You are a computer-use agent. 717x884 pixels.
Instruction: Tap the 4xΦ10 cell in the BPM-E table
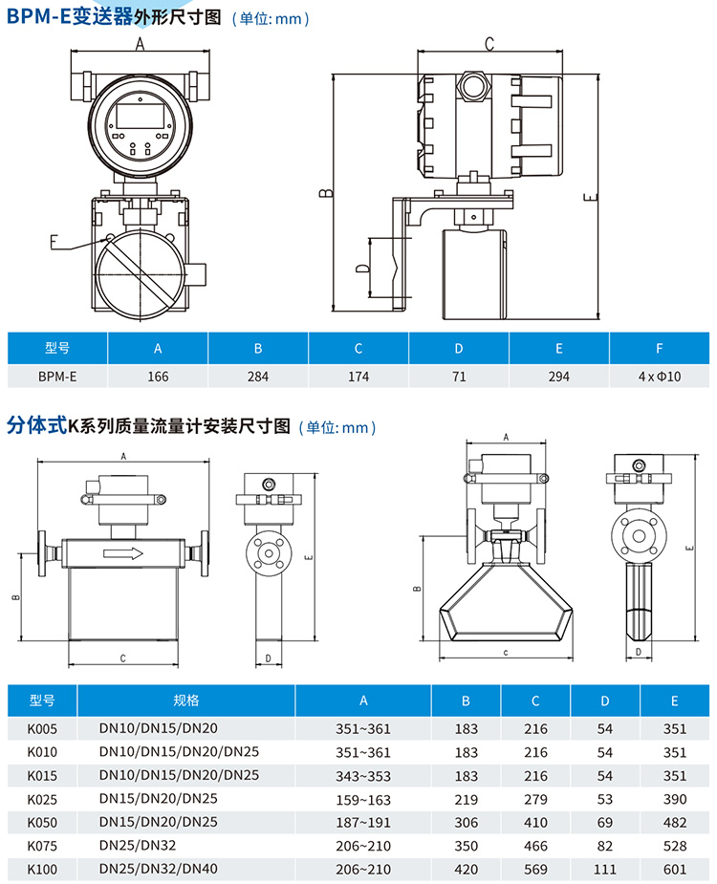tap(659, 377)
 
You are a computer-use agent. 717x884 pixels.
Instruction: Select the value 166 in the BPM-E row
tap(158, 377)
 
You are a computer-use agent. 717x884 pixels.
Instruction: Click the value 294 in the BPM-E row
tap(558, 377)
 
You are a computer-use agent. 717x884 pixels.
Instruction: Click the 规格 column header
tap(185, 701)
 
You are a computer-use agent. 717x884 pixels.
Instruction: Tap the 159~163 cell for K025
tap(363, 799)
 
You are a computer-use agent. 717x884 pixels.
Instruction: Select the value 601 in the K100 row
tap(674, 868)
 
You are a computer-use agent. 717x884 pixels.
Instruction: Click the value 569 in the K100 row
tap(535, 868)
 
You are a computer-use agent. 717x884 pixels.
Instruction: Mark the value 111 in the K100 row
tap(604, 868)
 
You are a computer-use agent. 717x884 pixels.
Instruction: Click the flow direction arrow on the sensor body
tap(123, 552)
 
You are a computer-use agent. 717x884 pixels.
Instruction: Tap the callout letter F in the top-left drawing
tap(54, 242)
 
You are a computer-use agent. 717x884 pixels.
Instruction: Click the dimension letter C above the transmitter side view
tap(489, 43)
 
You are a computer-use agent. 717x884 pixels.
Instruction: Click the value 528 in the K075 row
tap(674, 845)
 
